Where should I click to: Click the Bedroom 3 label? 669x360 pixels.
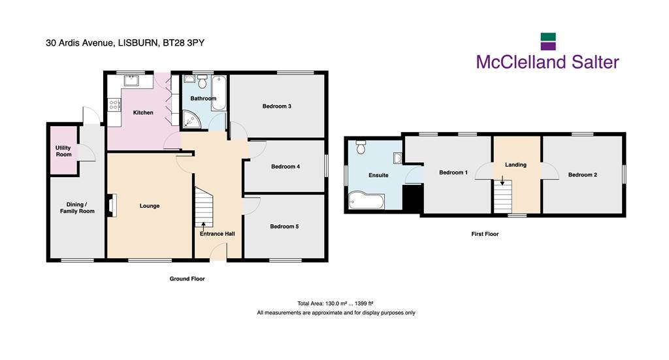coord(276,106)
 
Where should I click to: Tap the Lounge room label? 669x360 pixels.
coord(150,206)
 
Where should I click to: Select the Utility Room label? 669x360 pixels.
coord(63,151)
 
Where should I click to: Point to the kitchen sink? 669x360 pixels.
coord(131,80)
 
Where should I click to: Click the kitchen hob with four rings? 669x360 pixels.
coord(114,105)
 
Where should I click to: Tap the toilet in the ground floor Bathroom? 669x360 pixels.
coord(203,81)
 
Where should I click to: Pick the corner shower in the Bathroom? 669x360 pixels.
coord(191,119)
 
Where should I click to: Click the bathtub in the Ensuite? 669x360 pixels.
coord(367,201)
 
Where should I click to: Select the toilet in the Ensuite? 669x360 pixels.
coord(361,147)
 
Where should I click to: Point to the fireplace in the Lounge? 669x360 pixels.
coord(112,205)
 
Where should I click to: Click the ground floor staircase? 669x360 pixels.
coord(204,207)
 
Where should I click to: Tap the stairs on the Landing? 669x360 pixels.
coord(503,196)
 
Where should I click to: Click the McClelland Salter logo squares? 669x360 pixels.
coord(548,41)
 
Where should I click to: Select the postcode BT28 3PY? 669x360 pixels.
coord(184,42)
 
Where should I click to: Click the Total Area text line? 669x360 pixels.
coord(335,304)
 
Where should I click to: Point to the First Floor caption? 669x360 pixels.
coord(485,234)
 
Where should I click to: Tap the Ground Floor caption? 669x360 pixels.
coord(188,278)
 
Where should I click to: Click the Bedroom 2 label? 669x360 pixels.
coord(582,174)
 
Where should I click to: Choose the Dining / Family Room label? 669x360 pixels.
coord(77,208)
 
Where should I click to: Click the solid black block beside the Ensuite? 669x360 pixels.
coord(413,198)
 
